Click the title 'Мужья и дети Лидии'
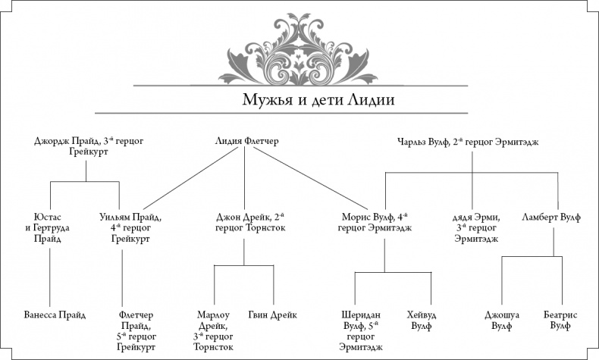pos(299,101)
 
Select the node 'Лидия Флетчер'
pos(244,141)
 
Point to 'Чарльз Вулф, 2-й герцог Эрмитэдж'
pos(467,141)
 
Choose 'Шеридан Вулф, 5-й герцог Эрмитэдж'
pos(356,330)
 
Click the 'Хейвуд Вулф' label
pos(423,320)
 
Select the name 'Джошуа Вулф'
pos(501,320)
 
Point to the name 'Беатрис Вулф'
pos(562,320)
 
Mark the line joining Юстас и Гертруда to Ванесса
pos(49,277)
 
